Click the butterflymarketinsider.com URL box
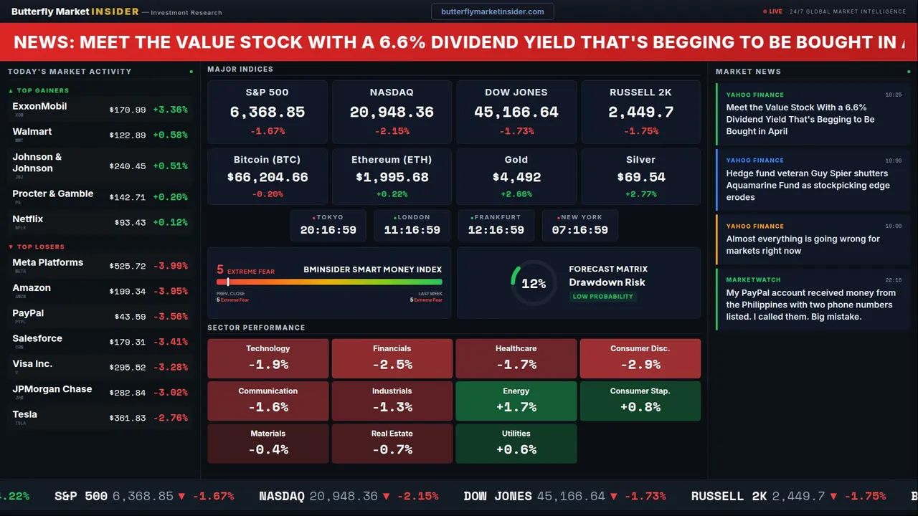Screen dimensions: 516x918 (x=492, y=11)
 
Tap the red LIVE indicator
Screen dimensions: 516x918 (x=775, y=11)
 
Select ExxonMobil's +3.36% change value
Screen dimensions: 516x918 (x=170, y=110)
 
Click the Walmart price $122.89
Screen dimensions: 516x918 (x=128, y=135)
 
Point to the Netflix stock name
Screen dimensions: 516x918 (x=28, y=219)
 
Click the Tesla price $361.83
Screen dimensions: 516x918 (x=128, y=418)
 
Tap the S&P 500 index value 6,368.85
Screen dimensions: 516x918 (x=268, y=112)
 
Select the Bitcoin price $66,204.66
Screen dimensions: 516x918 (x=268, y=177)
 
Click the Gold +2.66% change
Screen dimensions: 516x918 (x=516, y=194)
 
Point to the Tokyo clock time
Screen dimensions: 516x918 (x=328, y=230)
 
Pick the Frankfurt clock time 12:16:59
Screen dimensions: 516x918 (x=496, y=230)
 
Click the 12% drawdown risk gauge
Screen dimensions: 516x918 (x=534, y=284)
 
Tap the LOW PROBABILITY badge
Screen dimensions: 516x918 (x=602, y=297)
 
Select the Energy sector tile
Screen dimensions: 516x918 (x=516, y=401)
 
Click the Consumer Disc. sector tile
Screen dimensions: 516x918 (x=640, y=358)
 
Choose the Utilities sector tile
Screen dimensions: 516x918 (x=516, y=444)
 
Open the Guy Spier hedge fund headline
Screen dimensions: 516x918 (x=808, y=185)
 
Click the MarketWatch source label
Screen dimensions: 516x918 (x=753, y=279)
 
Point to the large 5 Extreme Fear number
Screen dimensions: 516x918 (x=220, y=270)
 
